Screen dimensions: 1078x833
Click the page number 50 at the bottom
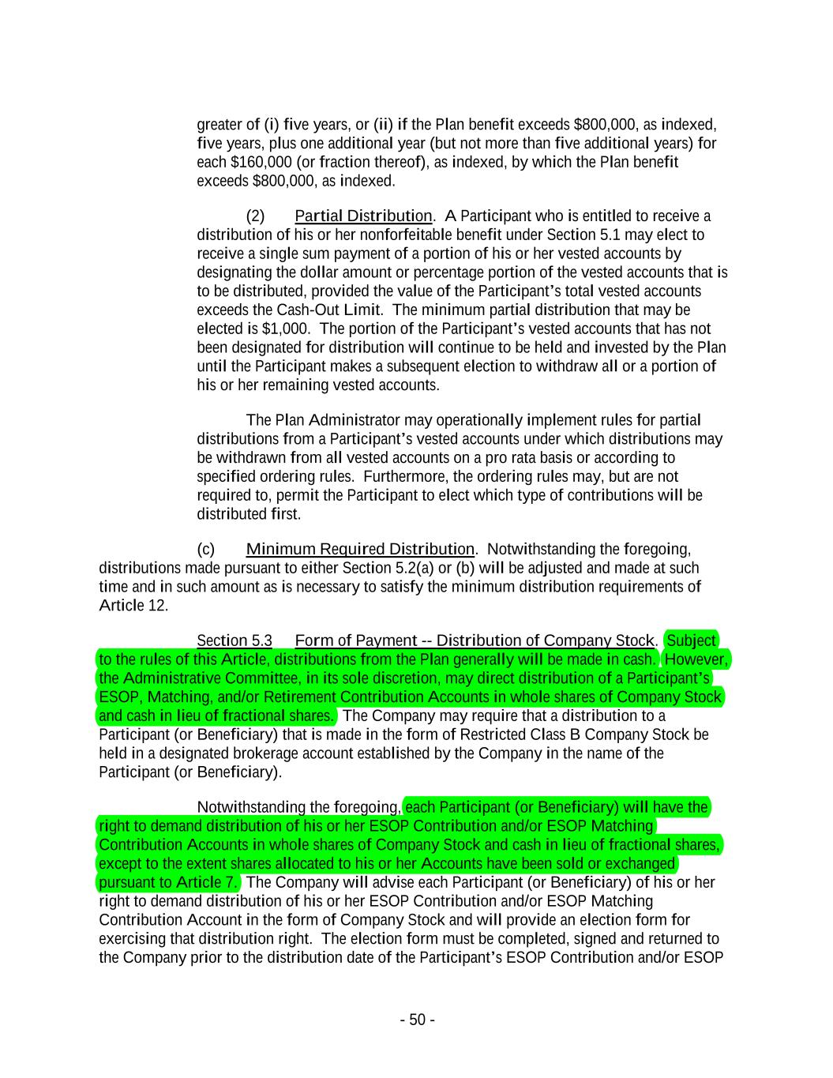(417, 1020)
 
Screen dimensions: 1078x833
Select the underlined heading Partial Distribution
(363, 216)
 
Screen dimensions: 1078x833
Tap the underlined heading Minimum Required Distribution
(360, 549)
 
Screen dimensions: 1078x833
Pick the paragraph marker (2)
(256, 216)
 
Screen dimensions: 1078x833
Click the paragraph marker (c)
(205, 549)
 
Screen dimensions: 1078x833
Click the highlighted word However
(696, 659)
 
